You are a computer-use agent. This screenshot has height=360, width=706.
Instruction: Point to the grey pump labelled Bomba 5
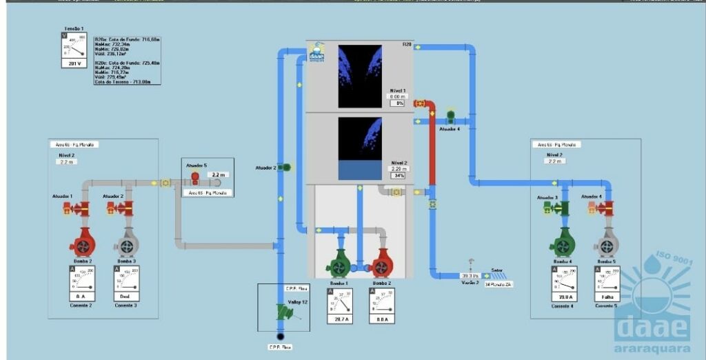tap(606, 243)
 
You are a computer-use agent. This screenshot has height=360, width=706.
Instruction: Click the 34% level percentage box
tap(398, 175)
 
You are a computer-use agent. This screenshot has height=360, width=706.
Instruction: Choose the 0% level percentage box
tap(396, 103)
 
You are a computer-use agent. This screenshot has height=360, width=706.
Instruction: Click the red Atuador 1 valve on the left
tap(81, 208)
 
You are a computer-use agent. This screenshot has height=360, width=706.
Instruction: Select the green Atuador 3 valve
tap(562, 208)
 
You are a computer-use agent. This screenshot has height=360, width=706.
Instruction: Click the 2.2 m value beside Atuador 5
tap(219, 175)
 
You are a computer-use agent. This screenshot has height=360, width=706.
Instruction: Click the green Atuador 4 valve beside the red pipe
tap(451, 115)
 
